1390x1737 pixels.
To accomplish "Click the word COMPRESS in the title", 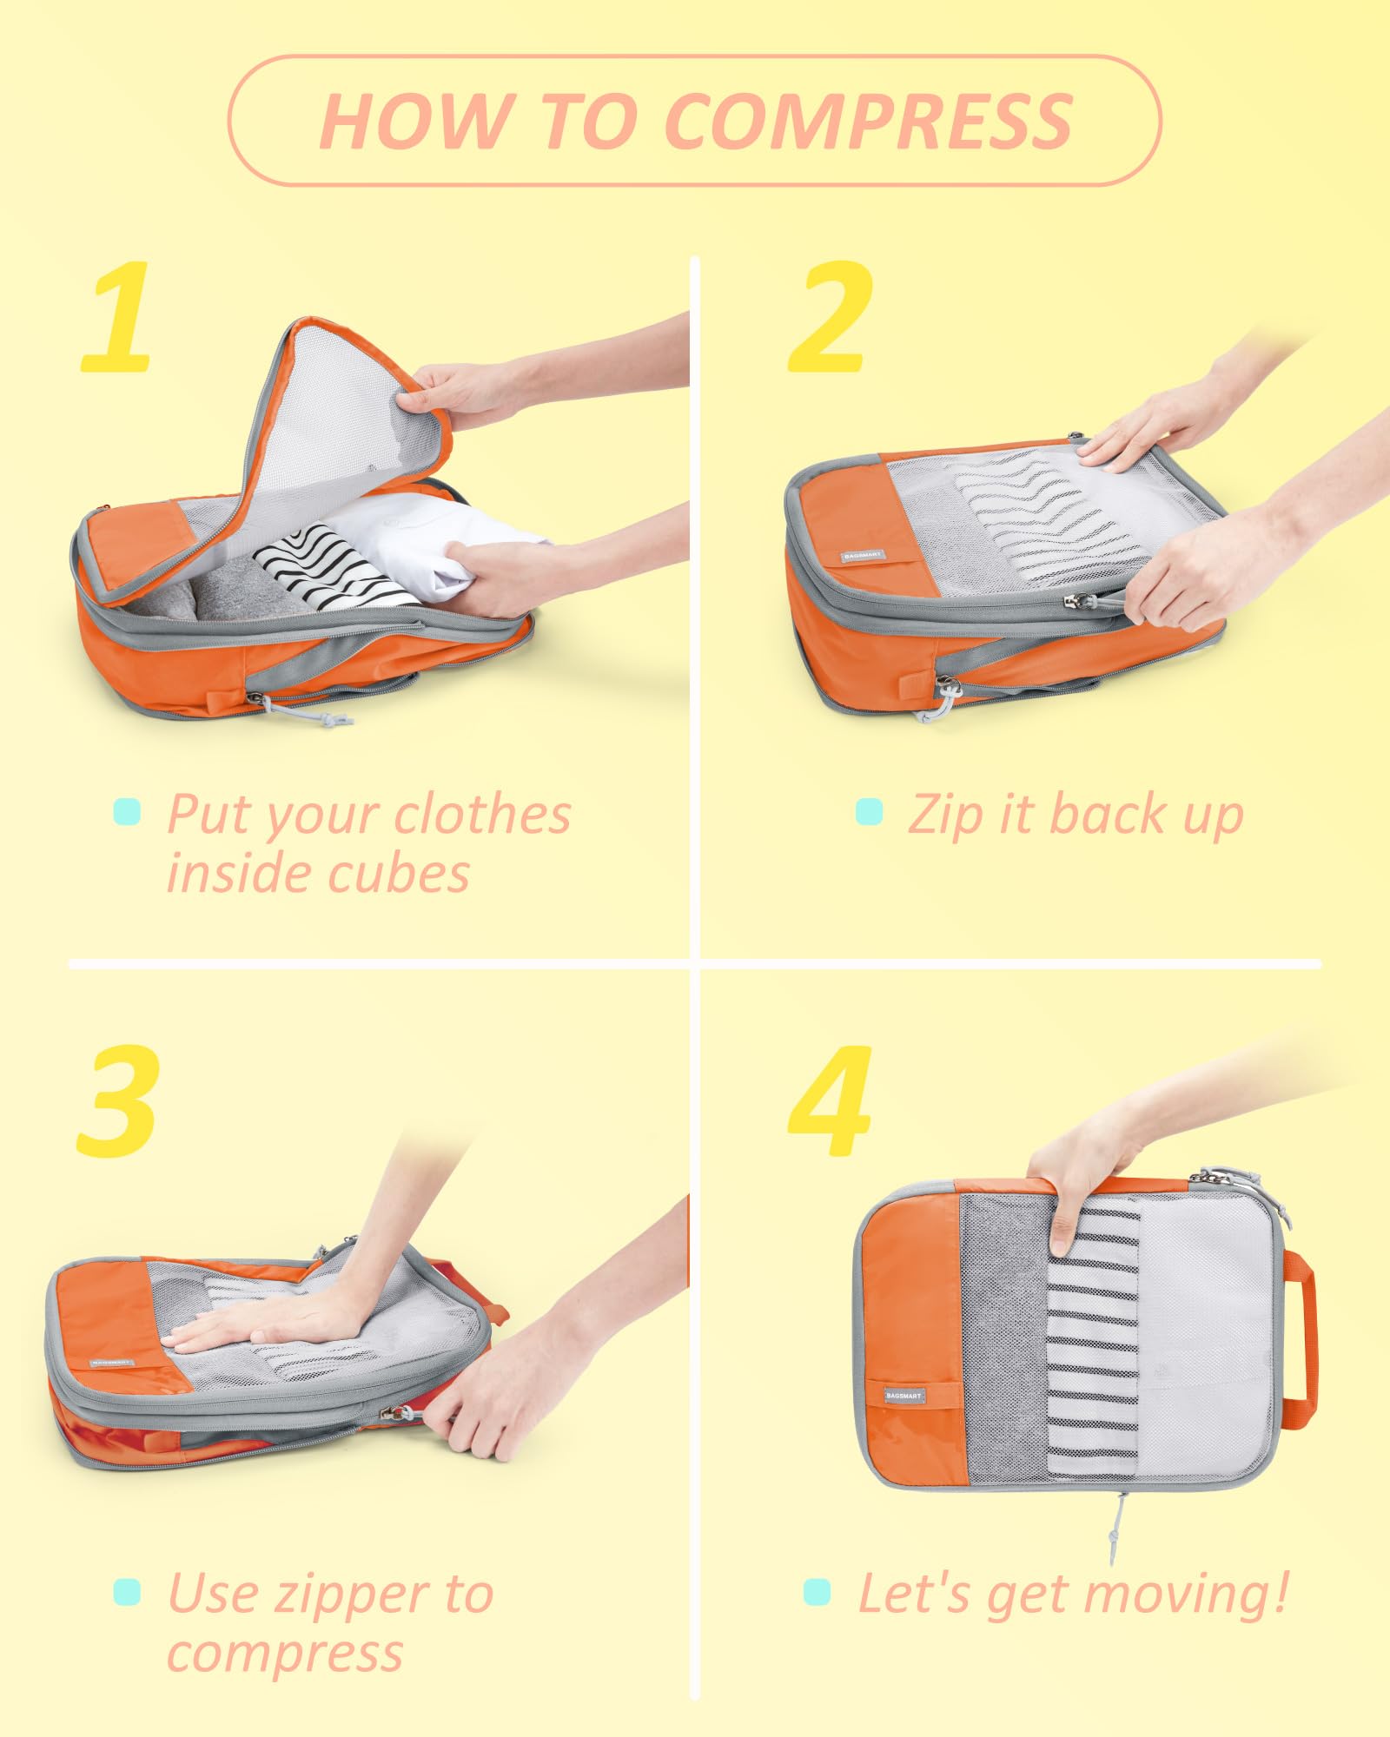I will tap(868, 121).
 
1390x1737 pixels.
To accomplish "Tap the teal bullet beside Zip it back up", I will tap(869, 813).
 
